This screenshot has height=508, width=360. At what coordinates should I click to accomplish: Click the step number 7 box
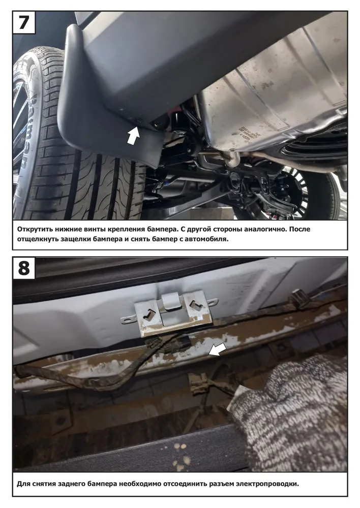pos(24,22)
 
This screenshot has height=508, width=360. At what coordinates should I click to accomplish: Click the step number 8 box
pos(24,268)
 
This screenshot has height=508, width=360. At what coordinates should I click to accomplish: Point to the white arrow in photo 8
pos(217,350)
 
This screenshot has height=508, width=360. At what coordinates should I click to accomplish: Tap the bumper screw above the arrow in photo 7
pos(139,120)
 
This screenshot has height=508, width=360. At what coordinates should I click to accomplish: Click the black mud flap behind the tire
pos(110,97)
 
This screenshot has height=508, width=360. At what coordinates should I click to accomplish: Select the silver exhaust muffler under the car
pos(276,97)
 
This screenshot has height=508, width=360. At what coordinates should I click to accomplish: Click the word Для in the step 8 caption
pos(23,484)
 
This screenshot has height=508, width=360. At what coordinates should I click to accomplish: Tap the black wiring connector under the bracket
pos(177,343)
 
